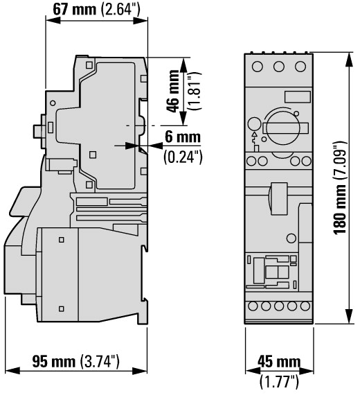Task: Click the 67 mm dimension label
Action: click(x=74, y=10)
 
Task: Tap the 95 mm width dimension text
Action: click(x=54, y=362)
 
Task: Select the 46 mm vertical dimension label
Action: click(x=173, y=91)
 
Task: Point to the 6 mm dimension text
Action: click(x=183, y=137)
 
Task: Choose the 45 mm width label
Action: click(x=279, y=362)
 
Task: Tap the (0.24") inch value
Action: click(x=183, y=157)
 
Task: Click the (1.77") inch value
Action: click(x=279, y=381)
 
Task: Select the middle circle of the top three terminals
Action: click(x=278, y=67)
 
